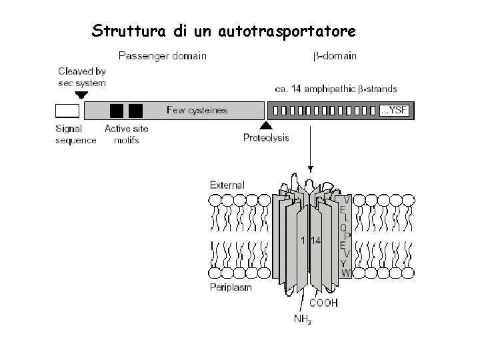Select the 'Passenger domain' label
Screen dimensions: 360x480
pyautogui.click(x=162, y=56)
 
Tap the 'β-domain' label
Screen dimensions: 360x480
pyautogui.click(x=335, y=56)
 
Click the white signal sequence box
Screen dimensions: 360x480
pyautogui.click(x=67, y=111)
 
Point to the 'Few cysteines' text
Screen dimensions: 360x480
pyautogui.click(x=197, y=111)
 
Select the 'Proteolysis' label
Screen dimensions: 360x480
pyautogui.click(x=266, y=138)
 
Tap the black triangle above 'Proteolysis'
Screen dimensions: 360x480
pyautogui.click(x=266, y=125)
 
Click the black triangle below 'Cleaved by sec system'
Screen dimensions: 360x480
pyautogui.click(x=81, y=95)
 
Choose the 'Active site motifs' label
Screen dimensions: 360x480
pyautogui.click(x=127, y=134)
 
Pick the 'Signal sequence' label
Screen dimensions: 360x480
pyautogui.click(x=75, y=134)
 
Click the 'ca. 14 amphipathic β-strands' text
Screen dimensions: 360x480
pyautogui.click(x=336, y=88)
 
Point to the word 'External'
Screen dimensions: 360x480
pyautogui.click(x=227, y=185)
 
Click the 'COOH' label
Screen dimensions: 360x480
pyautogui.click(x=323, y=302)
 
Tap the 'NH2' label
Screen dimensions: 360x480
pyautogui.click(x=303, y=319)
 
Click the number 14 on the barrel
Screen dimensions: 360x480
pyautogui.click(x=315, y=241)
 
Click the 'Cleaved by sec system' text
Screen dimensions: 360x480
pyautogui.click(x=81, y=77)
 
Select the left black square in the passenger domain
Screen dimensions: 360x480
pyautogui.click(x=117, y=111)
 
